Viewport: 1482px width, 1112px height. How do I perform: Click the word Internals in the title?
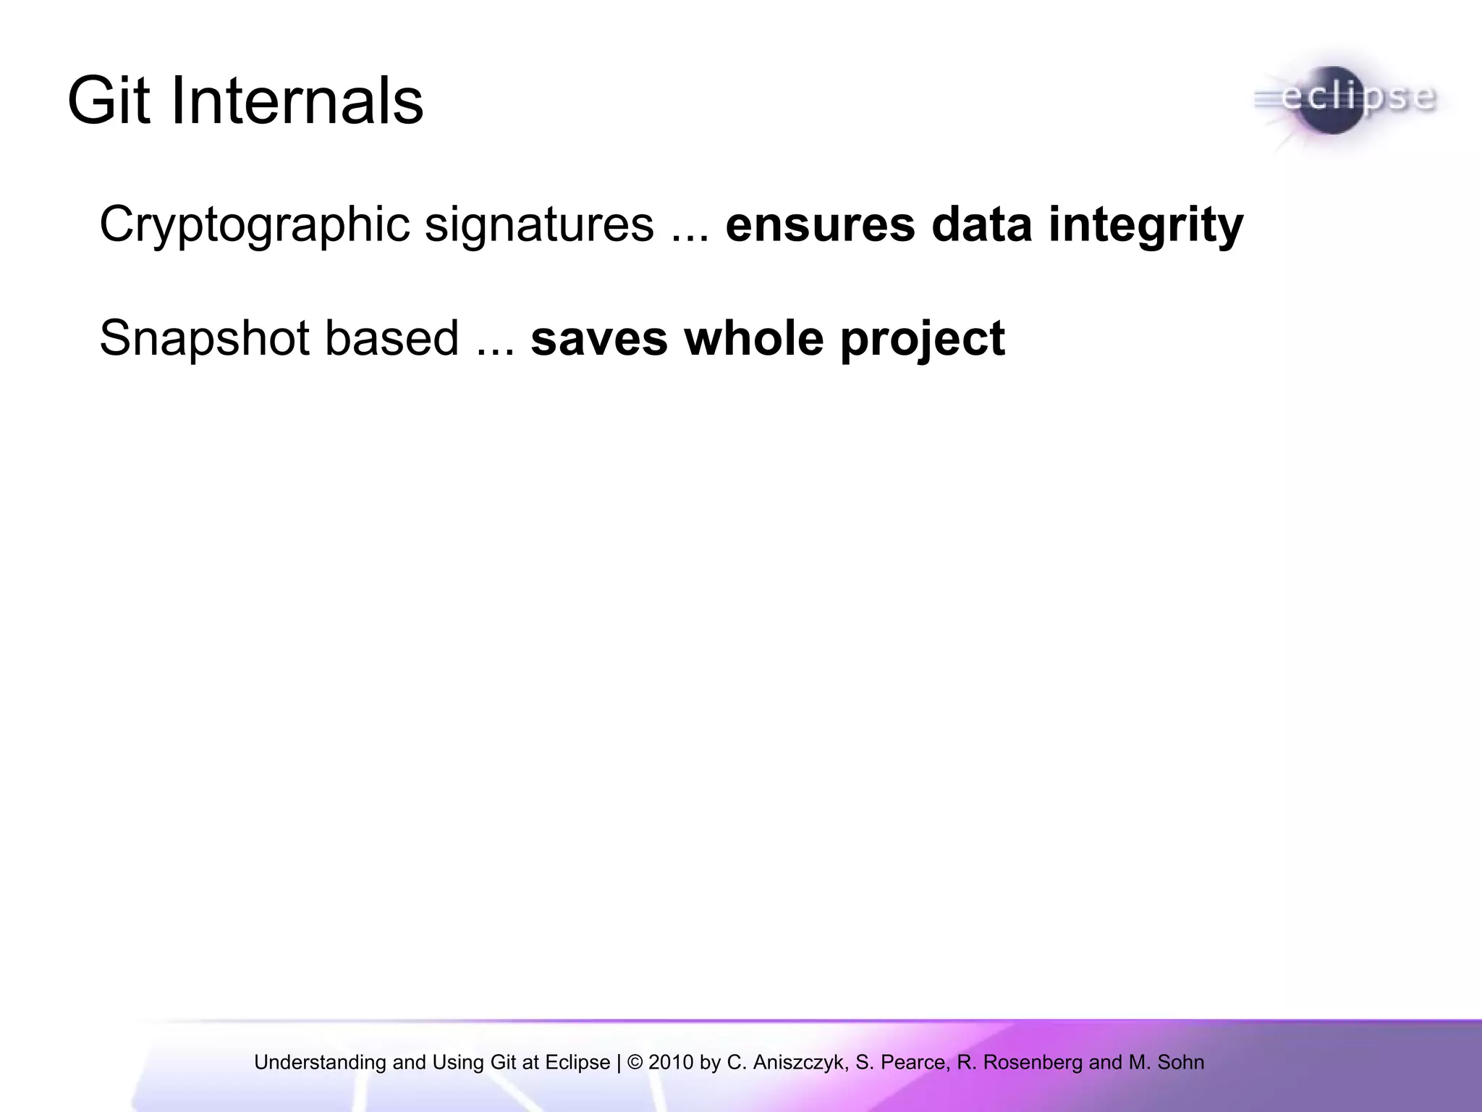(x=297, y=101)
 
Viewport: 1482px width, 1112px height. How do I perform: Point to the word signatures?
(x=539, y=225)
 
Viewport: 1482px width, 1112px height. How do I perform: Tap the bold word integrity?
(x=1146, y=225)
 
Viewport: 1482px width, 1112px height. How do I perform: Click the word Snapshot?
(x=204, y=339)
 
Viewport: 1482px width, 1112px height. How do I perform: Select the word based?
(x=391, y=339)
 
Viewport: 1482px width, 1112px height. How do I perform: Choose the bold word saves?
(x=599, y=339)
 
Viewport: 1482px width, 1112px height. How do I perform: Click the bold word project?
(x=923, y=339)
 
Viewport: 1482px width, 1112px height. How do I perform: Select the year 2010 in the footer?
(x=672, y=1063)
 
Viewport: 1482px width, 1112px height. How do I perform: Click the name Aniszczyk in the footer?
(x=799, y=1063)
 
